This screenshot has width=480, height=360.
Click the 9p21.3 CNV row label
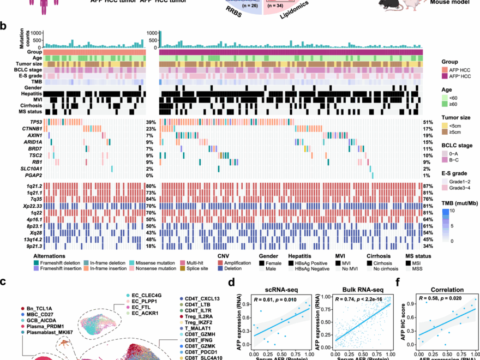pyautogui.click(x=32, y=247)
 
